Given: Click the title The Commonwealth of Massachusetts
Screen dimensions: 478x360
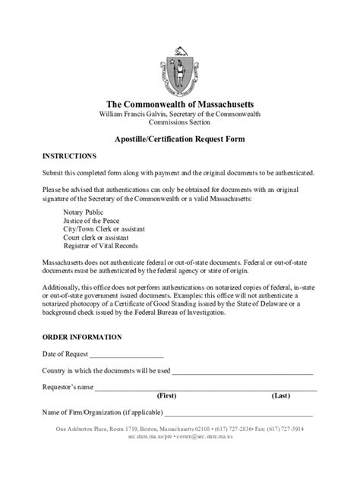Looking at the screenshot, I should (x=180, y=103).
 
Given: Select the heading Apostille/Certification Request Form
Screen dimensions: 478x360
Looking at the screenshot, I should (x=179, y=140).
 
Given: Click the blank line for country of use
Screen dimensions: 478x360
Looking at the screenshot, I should (x=242, y=372).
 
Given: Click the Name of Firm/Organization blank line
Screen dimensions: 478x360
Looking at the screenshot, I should (x=238, y=414).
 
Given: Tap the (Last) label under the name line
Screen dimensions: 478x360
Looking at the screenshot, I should (x=280, y=396).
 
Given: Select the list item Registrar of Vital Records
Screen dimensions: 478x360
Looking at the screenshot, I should (x=105, y=246).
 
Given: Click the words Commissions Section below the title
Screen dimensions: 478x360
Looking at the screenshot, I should (x=180, y=123).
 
